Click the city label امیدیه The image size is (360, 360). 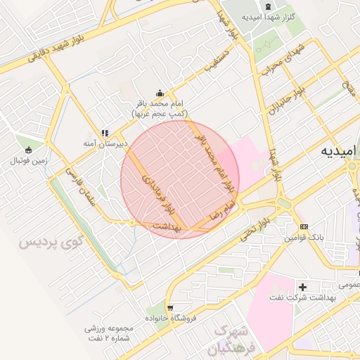coord(339,151)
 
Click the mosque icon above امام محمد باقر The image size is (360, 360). coord(160,93)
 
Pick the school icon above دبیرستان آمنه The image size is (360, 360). coord(105,133)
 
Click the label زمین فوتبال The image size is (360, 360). coord(28,161)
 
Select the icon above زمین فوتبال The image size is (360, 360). coord(28,150)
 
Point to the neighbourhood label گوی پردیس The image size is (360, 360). coord(50,243)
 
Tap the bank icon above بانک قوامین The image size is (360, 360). coord(304,226)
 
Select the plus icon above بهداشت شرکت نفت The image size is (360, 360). coord(302,287)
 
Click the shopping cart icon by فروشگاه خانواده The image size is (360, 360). coord(171,308)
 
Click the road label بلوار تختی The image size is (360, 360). coord(255,229)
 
